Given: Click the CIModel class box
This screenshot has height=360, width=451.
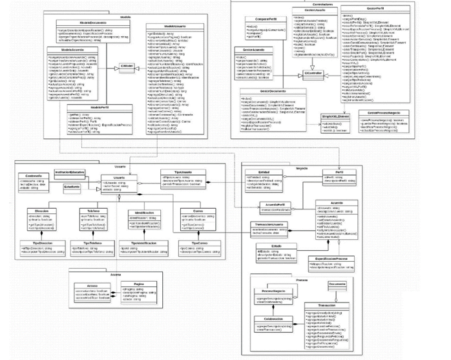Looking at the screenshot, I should coord(127,67).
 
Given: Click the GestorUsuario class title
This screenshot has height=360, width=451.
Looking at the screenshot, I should coord(314,10).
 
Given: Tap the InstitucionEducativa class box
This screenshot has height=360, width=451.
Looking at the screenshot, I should coord(70,173).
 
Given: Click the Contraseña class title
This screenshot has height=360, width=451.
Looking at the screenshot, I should coord(33,176).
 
